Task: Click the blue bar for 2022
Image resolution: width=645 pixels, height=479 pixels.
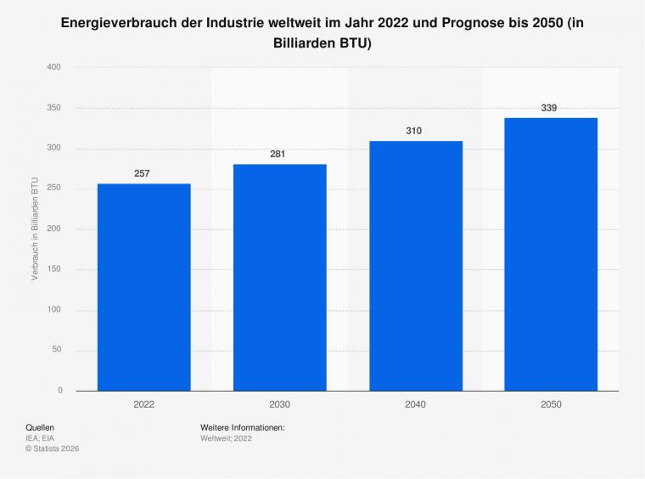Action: pos(144,287)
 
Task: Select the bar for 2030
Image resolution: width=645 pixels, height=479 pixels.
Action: pos(280,278)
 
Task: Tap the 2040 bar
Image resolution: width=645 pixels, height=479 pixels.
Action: pos(416,266)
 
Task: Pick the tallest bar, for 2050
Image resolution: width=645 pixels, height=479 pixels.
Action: pos(551,254)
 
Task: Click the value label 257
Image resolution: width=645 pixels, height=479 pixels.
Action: pos(142,173)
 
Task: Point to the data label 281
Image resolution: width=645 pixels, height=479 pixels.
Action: pos(278,155)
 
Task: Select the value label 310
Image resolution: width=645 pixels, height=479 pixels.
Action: pos(414,131)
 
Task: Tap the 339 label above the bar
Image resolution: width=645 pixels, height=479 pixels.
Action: pos(549,108)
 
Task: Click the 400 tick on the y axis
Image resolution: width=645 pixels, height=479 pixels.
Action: pos(53,67)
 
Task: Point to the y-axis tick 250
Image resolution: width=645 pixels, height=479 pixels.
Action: pos(53,188)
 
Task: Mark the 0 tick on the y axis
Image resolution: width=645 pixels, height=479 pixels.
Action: pos(60,390)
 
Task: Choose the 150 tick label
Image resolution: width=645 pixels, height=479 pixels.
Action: pos(53,268)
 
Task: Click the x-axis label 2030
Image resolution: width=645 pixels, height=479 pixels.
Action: pos(280,404)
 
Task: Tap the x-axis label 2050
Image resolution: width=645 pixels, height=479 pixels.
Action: pos(551,404)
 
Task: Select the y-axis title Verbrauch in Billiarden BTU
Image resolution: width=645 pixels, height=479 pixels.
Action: pos(35,228)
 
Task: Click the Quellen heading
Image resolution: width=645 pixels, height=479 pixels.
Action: pos(40,427)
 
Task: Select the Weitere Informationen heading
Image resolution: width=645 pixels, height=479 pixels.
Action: pos(243,427)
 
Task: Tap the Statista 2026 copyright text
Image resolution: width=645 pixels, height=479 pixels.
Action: pos(53,448)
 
